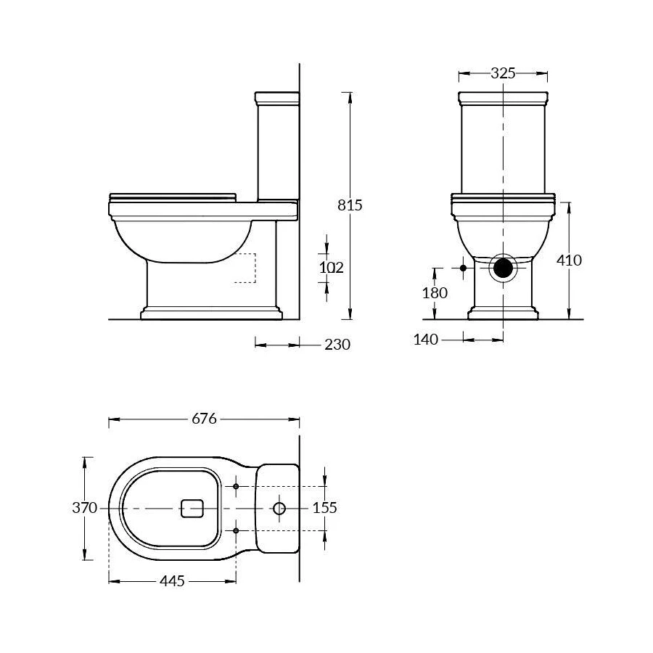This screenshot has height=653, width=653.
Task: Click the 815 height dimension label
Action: pyautogui.click(x=350, y=205)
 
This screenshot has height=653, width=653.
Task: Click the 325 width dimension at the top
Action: pyautogui.click(x=503, y=73)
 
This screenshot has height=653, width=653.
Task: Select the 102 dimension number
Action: pyautogui.click(x=331, y=267)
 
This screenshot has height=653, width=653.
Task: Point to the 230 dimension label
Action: pyautogui.click(x=337, y=345)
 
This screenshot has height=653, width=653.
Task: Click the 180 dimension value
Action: pyautogui.click(x=434, y=293)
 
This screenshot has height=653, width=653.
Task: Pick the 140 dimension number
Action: pyautogui.click(x=426, y=339)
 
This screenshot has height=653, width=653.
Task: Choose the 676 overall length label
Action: pyautogui.click(x=204, y=419)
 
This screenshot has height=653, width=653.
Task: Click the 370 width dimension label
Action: pyautogui.click(x=84, y=508)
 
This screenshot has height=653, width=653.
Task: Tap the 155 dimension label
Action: pyautogui.click(x=324, y=508)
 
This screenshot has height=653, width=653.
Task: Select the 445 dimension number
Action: pyautogui.click(x=171, y=581)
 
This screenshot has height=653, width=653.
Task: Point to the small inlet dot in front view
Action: pyautogui.click(x=464, y=268)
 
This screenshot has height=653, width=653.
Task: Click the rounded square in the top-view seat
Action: pyautogui.click(x=192, y=508)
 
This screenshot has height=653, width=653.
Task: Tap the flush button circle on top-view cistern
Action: pyautogui.click(x=279, y=508)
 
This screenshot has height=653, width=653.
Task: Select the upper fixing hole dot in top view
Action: pyautogui.click(x=237, y=486)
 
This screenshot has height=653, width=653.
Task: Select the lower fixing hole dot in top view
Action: pyautogui.click(x=237, y=530)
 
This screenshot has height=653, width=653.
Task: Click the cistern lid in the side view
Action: pyautogui.click(x=277, y=97)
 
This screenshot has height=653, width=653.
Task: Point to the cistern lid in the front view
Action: pyautogui.click(x=503, y=97)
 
